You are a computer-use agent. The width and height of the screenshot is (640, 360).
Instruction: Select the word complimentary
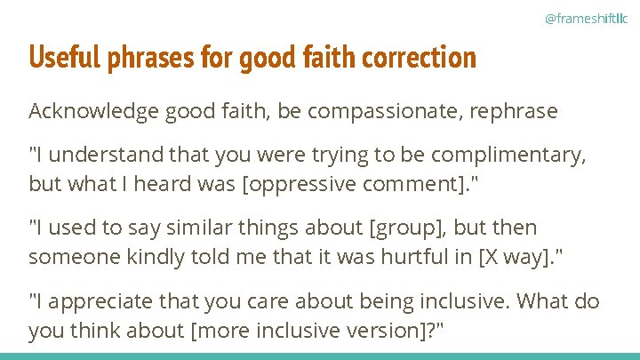(512, 156)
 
